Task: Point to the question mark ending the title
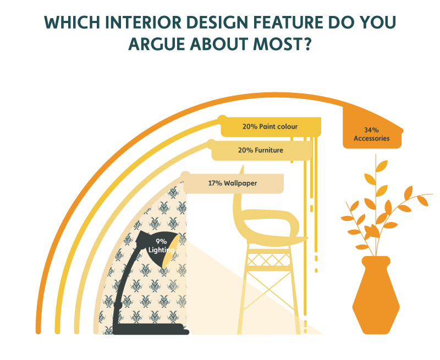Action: (x=307, y=44)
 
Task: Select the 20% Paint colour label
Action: (x=270, y=127)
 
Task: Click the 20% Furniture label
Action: (x=261, y=150)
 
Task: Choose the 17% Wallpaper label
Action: (x=233, y=184)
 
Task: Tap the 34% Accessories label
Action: (x=372, y=134)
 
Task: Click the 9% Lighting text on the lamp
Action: (x=161, y=246)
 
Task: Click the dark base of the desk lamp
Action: (x=151, y=329)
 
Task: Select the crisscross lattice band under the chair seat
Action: (x=269, y=259)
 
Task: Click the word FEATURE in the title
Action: (x=288, y=22)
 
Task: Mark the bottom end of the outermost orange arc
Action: (x=38, y=331)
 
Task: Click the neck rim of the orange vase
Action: (x=376, y=261)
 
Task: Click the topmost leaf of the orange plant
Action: (x=382, y=166)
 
